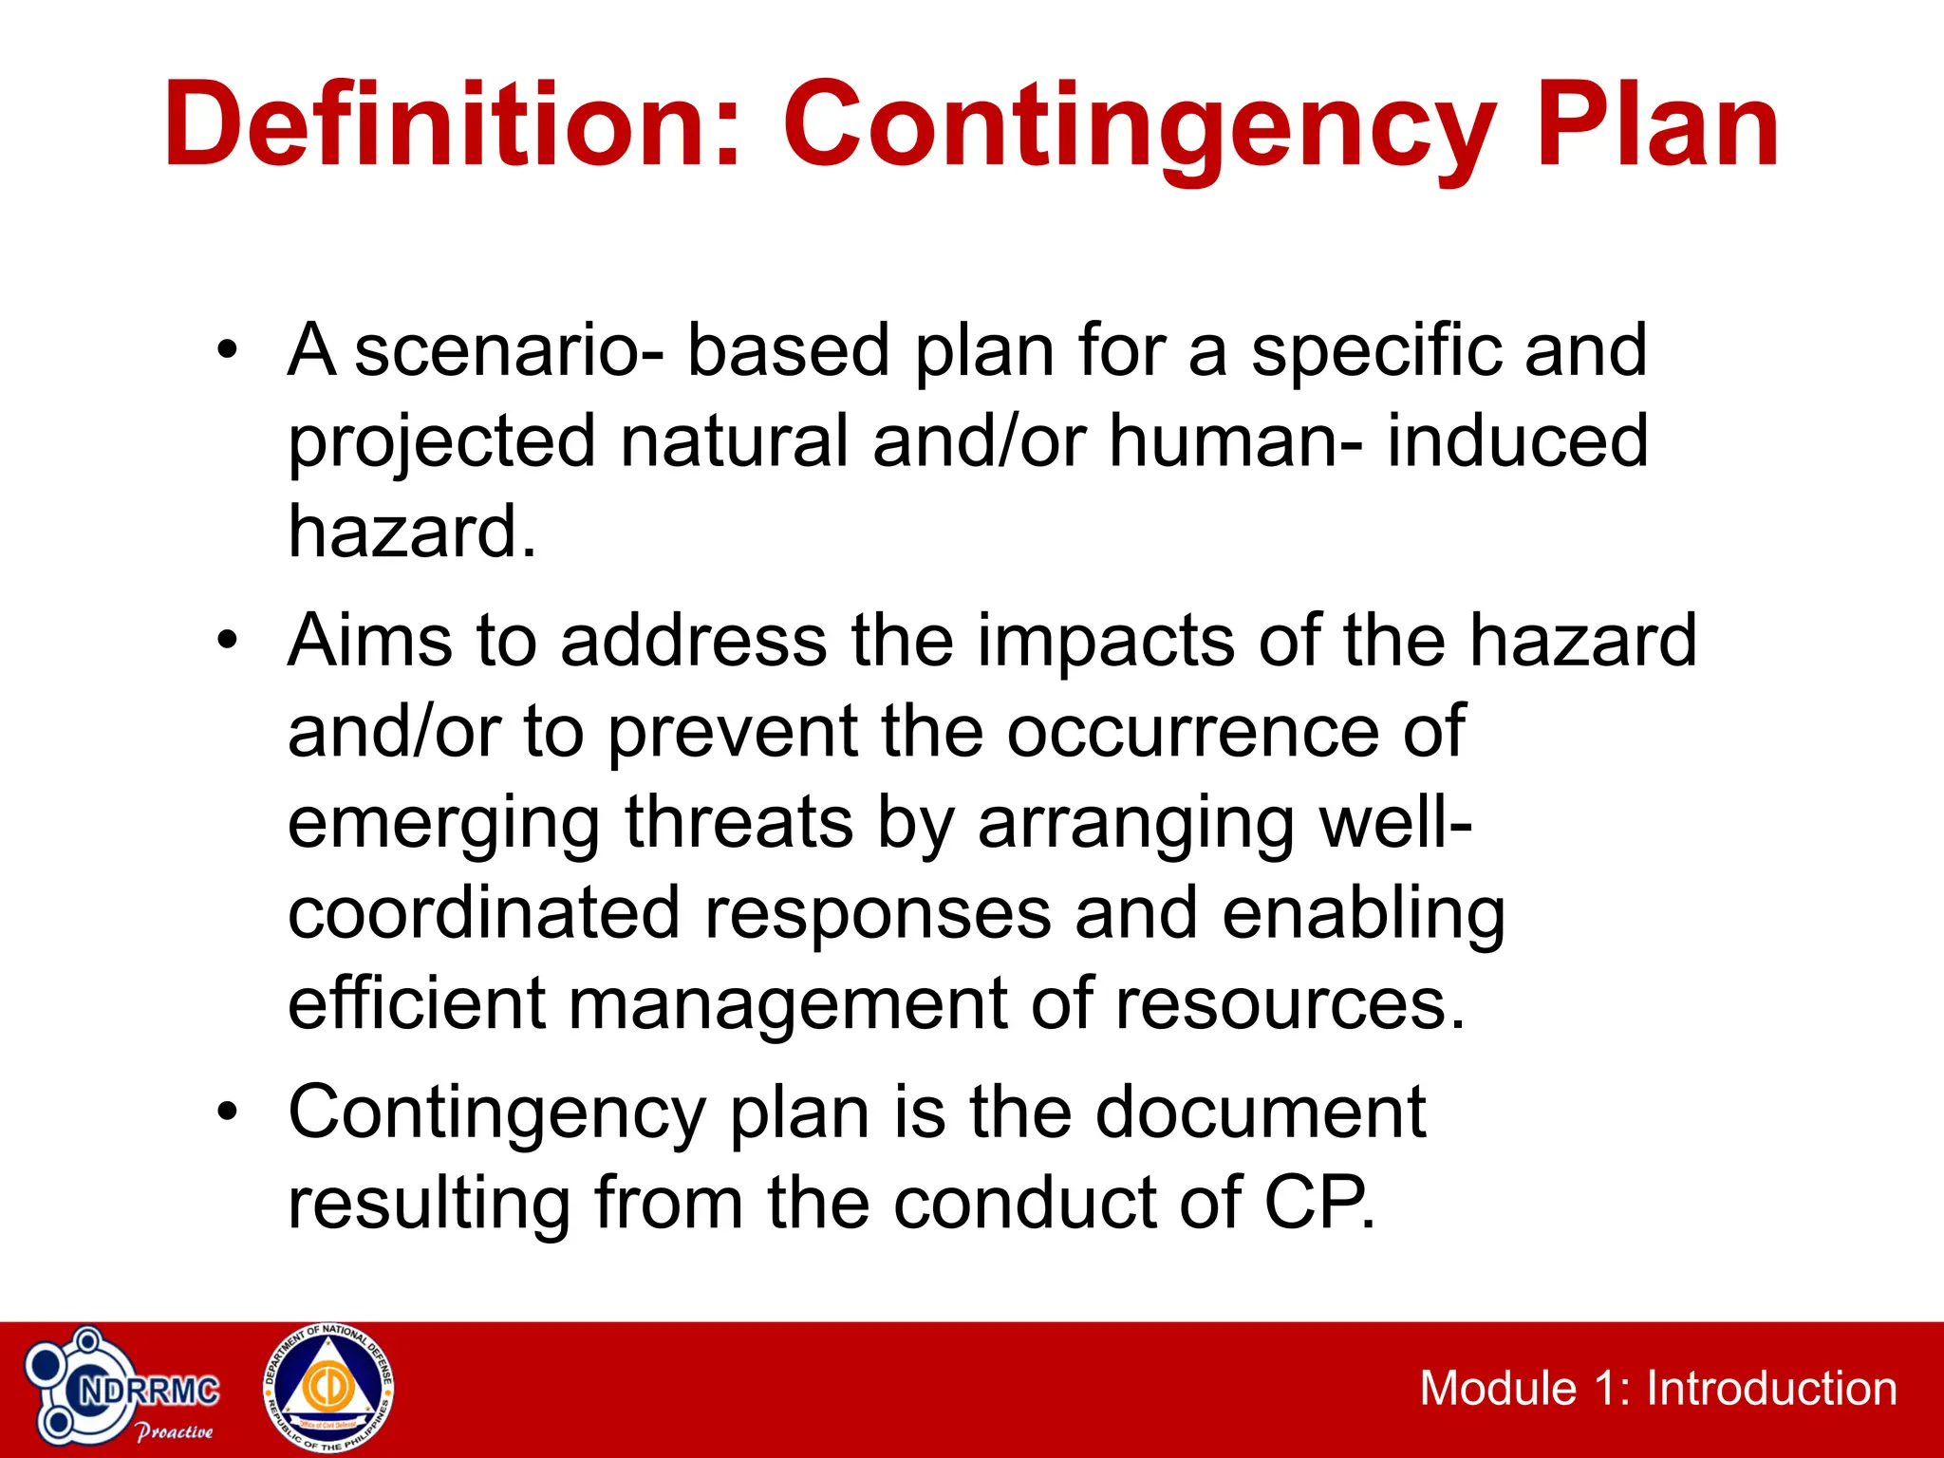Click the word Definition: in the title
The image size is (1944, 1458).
451,126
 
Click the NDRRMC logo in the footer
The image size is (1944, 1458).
123,1391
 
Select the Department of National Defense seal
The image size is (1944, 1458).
328,1389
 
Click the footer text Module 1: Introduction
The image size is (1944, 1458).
1657,1389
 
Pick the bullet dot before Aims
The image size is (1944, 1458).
226,641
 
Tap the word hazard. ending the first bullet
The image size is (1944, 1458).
412,532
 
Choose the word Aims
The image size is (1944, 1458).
369,641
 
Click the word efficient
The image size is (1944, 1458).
416,1004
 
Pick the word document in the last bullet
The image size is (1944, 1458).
1260,1112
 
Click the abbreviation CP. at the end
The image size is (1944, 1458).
1318,1204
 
